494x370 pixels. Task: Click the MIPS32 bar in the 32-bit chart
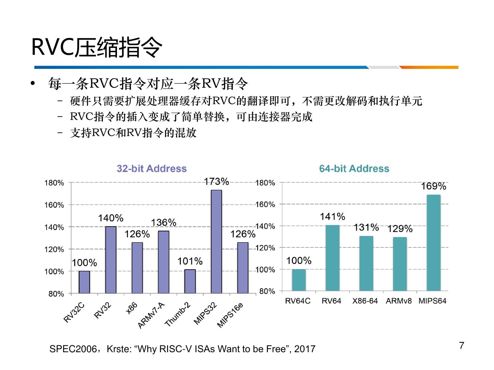(216, 242)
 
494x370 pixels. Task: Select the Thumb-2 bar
(190, 281)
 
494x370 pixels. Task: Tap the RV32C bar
(84, 282)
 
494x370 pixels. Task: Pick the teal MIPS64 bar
(434, 243)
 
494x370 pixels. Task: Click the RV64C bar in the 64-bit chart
(298, 280)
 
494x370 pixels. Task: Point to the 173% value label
(216, 181)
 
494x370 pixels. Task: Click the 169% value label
(434, 186)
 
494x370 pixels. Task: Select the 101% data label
(190, 261)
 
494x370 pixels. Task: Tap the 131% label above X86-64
(366, 227)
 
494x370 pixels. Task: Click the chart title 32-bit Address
(152, 169)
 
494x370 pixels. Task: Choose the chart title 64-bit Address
(354, 169)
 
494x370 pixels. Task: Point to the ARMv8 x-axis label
(399, 301)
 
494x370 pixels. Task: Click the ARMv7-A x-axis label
(151, 316)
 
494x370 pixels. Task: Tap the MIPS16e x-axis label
(230, 315)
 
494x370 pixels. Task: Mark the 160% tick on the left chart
(54, 205)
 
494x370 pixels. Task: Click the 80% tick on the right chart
(267, 291)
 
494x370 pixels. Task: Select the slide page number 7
(461, 346)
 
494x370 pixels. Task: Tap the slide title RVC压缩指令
(97, 47)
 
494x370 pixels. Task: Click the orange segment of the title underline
(429, 67)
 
